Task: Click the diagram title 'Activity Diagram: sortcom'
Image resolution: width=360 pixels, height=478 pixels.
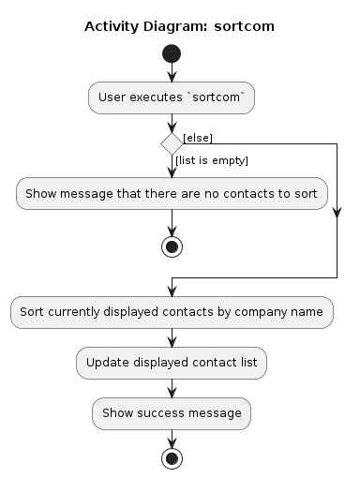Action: click(x=179, y=26)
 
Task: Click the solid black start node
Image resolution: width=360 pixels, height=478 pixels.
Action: click(x=172, y=53)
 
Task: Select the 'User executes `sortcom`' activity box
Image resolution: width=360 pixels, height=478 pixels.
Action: click(x=172, y=97)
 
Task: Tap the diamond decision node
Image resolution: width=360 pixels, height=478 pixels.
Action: click(x=172, y=144)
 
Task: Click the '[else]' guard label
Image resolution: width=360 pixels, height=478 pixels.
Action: click(x=198, y=138)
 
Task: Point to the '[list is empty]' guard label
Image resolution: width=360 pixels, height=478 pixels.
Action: click(x=212, y=161)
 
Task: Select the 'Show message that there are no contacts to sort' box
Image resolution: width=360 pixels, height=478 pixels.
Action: click(x=172, y=194)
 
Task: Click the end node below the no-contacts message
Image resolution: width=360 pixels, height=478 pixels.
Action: click(x=172, y=246)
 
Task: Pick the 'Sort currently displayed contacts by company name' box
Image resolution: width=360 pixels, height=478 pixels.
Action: click(x=172, y=312)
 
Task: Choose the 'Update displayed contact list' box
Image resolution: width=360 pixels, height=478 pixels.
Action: click(x=172, y=362)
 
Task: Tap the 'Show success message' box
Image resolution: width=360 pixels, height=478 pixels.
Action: click(x=172, y=412)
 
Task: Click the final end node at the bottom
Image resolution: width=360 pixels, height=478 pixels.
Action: click(x=172, y=458)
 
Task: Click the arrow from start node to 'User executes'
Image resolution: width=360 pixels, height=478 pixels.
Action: click(x=172, y=73)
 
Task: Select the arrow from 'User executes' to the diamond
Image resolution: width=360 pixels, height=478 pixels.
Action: click(x=172, y=123)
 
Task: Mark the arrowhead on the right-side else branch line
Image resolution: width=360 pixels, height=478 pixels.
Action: click(x=337, y=213)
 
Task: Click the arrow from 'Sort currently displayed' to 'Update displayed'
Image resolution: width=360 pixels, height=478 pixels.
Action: click(x=172, y=337)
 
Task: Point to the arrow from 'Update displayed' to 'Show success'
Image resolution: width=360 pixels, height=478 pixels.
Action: click(x=172, y=387)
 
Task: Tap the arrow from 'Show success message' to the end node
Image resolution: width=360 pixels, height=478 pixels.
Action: click(x=172, y=438)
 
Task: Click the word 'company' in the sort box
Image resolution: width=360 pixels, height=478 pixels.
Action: click(x=251, y=312)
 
